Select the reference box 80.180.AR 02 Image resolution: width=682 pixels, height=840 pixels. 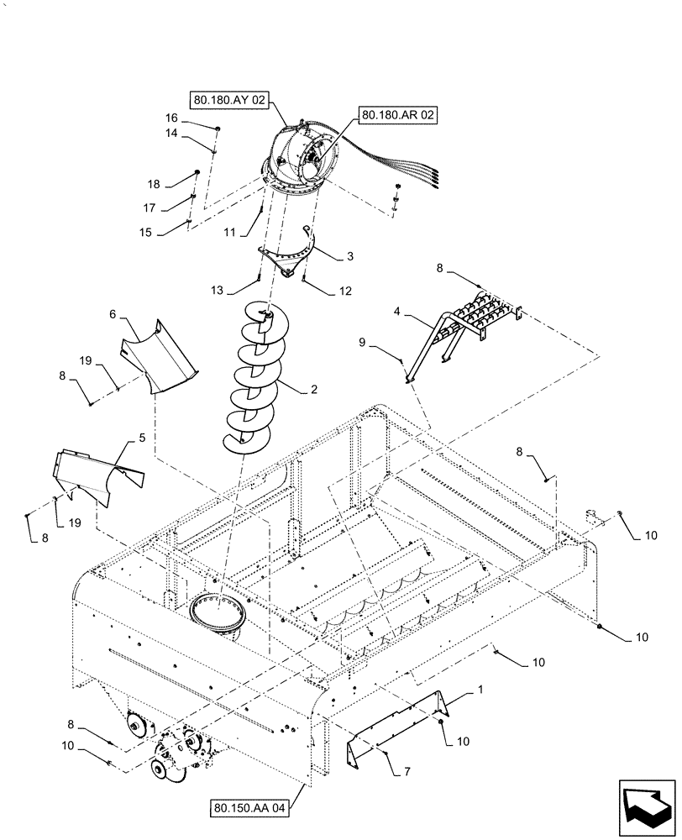399,115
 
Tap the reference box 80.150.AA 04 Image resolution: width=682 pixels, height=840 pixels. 250,809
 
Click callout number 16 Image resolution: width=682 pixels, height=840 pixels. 172,118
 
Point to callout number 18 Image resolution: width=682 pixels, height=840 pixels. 154,183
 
